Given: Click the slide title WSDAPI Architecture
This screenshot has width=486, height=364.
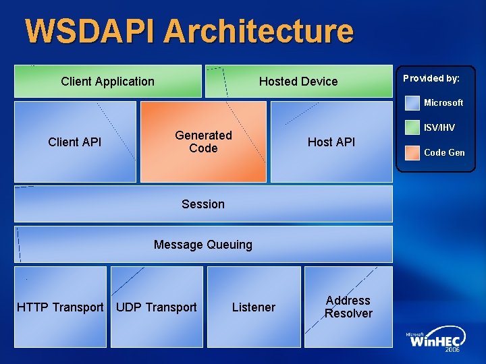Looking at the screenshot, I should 189,31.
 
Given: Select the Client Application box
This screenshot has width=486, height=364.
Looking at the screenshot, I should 108,82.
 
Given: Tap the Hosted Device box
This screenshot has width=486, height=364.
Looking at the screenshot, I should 298,82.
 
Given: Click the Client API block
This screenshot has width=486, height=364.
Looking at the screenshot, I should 75,142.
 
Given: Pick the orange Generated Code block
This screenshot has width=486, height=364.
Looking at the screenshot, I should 203,142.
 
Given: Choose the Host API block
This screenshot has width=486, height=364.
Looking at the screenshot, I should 331,142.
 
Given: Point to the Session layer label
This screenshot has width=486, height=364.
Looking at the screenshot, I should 203,204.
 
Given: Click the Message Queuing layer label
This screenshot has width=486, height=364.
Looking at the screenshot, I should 203,245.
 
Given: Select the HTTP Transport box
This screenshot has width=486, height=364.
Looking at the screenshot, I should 60,307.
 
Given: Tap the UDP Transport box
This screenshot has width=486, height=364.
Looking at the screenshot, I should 157,307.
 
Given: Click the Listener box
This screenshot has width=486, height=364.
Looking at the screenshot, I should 254,307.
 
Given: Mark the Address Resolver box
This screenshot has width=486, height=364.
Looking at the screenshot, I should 348,307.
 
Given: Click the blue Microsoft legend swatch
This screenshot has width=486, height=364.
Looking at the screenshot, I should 412,102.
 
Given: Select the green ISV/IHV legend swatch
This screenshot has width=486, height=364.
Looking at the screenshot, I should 412,127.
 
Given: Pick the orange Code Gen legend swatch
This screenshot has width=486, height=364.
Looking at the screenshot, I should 412,152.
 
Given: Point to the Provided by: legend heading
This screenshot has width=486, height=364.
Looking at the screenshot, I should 431,78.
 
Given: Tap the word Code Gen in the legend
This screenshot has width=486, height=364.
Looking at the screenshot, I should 444,153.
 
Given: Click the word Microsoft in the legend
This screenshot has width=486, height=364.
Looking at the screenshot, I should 443,103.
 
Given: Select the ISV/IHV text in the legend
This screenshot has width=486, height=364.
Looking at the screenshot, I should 439,128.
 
